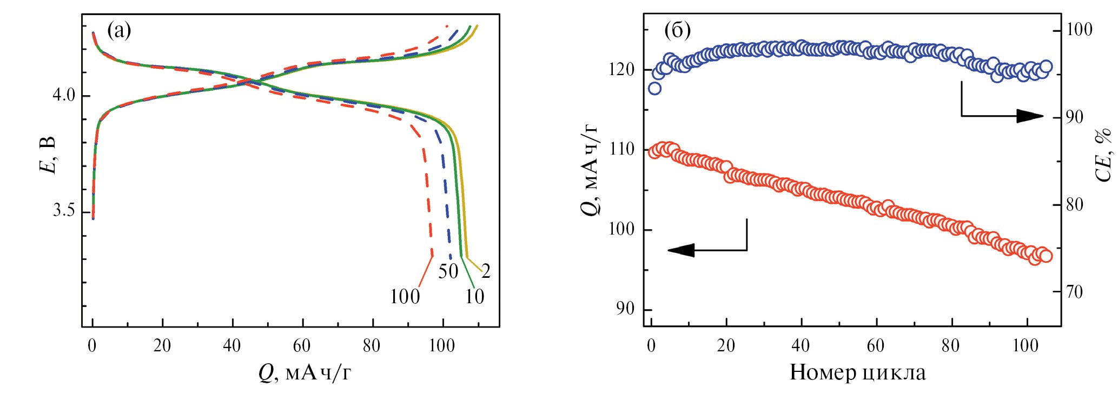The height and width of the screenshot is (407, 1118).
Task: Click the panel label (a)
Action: [x=119, y=30]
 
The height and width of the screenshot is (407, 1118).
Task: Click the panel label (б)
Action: [x=677, y=30]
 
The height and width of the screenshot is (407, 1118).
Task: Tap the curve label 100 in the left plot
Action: [x=405, y=297]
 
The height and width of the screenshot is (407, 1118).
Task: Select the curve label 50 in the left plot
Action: [x=448, y=271]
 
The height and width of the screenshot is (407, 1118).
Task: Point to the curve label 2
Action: [x=486, y=271]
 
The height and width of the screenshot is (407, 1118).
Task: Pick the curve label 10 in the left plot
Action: [x=474, y=297]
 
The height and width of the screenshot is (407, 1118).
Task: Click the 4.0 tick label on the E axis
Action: [x=64, y=96]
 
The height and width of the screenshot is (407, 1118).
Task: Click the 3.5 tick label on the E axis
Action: [x=64, y=210]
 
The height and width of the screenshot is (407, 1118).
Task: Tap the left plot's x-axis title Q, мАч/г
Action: [x=305, y=373]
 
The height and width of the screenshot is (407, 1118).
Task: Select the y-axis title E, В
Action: [x=48, y=156]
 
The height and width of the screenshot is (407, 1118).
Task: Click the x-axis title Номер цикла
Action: [x=857, y=373]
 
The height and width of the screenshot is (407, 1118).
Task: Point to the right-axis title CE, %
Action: [x=1103, y=156]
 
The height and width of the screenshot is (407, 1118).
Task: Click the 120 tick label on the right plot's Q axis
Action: [x=622, y=70]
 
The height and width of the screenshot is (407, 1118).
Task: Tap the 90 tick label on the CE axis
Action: [x=1074, y=117]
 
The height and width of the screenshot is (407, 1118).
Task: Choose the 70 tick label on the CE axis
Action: [x=1074, y=292]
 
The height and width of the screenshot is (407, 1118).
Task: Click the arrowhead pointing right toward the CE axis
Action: [x=1030, y=116]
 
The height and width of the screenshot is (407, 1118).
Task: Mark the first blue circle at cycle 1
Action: [x=654, y=88]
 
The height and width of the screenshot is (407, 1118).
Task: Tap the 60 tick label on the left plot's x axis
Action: [x=302, y=346]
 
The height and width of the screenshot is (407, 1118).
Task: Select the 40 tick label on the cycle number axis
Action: [x=801, y=346]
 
